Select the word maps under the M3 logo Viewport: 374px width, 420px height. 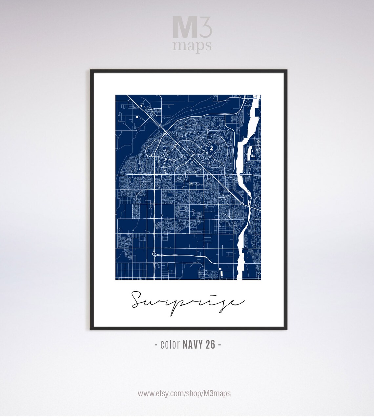point(192,46)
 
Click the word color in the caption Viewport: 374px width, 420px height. point(170,345)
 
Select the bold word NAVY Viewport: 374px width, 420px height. point(193,345)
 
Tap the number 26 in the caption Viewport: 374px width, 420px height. point(211,345)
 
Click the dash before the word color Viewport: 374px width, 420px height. point(156,345)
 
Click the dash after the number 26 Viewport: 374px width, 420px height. point(219,345)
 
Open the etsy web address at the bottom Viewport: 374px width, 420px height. point(184,393)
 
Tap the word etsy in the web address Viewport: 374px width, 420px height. point(167,393)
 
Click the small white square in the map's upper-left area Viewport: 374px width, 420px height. point(136,117)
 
